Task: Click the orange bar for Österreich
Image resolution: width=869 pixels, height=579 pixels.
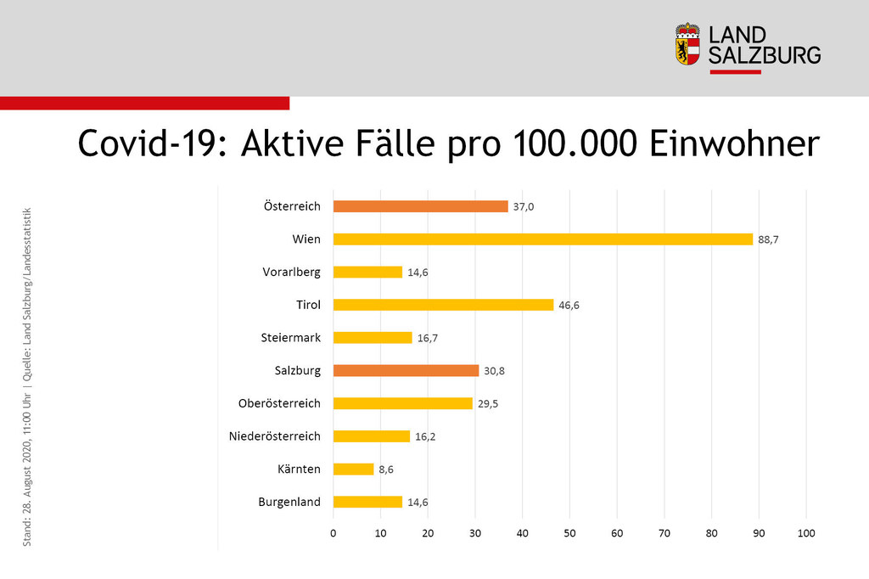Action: (x=420, y=206)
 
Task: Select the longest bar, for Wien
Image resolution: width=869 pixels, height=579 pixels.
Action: (x=543, y=239)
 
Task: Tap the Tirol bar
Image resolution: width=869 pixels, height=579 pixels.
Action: (x=443, y=305)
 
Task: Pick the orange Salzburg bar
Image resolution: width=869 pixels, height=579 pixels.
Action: (x=406, y=370)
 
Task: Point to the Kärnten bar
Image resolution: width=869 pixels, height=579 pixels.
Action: (x=353, y=469)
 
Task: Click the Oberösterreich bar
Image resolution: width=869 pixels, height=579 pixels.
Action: (x=402, y=403)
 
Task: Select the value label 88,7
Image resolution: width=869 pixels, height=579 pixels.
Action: (x=768, y=239)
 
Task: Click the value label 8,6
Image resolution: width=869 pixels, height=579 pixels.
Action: (x=387, y=469)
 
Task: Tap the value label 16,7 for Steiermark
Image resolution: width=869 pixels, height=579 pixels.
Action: (x=427, y=338)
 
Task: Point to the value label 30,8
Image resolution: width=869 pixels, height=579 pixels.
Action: (x=494, y=370)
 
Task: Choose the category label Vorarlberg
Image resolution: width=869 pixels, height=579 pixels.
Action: (x=291, y=273)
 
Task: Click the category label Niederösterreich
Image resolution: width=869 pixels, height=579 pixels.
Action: (x=275, y=436)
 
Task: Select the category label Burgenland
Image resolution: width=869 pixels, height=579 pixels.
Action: (x=289, y=502)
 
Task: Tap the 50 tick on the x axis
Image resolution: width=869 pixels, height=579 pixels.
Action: (x=569, y=533)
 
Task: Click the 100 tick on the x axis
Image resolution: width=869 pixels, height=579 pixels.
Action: (x=806, y=533)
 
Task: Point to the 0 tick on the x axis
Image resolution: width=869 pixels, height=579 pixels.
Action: (x=334, y=533)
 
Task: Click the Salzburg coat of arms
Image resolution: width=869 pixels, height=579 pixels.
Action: (x=687, y=45)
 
